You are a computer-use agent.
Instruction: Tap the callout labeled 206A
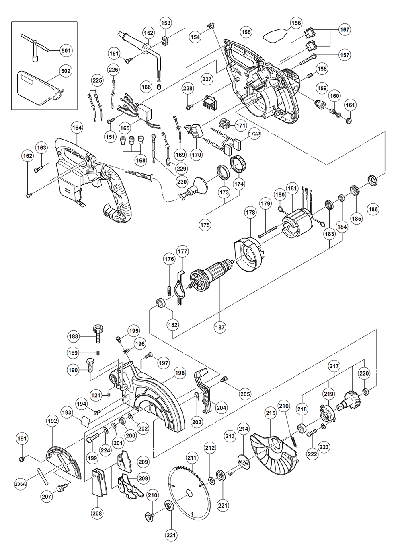[x=21, y=485]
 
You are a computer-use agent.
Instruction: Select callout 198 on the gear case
[x=180, y=373]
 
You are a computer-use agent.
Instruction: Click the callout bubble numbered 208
[x=97, y=513]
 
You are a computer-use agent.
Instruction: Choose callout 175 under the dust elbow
[x=205, y=225]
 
